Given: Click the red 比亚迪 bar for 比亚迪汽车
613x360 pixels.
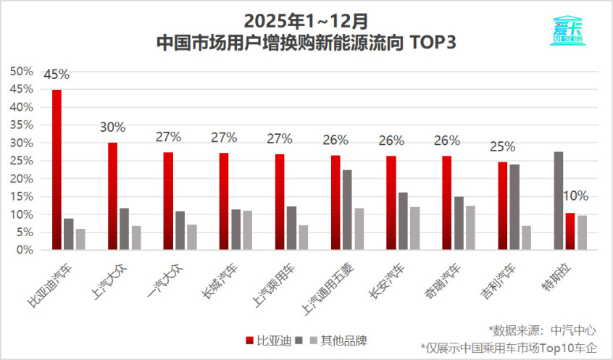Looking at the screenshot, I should [57, 169].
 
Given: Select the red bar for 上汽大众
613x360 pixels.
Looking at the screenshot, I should [112, 196].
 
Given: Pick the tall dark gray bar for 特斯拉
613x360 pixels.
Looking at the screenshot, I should [558, 201].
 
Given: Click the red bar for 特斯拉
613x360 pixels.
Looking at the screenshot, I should [570, 231].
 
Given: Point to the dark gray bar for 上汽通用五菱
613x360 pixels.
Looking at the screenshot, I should [347, 209].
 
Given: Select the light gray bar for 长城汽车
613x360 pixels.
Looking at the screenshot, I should [247, 230].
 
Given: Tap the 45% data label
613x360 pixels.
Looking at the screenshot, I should [57, 75].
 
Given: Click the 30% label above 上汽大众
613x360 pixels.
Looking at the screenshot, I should [112, 127].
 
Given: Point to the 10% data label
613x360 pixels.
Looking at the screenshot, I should [575, 196].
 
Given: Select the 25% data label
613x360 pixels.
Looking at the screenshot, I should [502, 147].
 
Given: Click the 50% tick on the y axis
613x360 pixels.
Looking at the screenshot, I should [22, 71].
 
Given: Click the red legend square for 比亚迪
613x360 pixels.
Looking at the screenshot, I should [249, 340].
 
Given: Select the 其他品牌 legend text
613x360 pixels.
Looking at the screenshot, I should [345, 340].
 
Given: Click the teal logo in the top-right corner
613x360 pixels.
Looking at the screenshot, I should [567, 31].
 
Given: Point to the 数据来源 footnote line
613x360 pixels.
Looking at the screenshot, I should [542, 330].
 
